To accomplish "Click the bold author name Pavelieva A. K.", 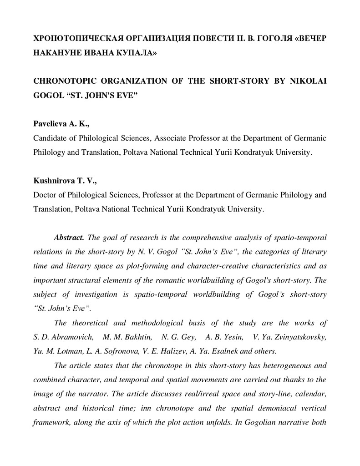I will (57, 124).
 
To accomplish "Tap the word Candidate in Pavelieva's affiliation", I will (50, 138).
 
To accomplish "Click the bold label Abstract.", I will (68, 238).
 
